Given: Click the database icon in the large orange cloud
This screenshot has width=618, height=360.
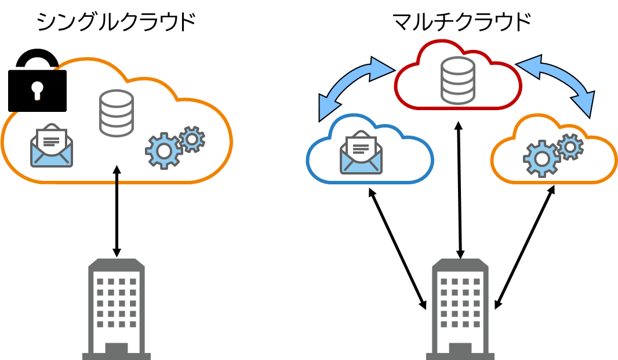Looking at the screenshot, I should (x=116, y=113).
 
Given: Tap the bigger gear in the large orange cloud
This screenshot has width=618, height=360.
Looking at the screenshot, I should (x=163, y=150).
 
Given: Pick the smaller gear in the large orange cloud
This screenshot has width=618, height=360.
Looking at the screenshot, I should (x=192, y=139).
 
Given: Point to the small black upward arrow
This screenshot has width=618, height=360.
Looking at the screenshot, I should (x=117, y=174).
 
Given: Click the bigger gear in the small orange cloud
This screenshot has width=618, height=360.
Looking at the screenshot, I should (x=541, y=158).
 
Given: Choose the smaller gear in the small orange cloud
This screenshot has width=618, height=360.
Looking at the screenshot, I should (x=570, y=147).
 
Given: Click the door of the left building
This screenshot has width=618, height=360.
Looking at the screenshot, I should (x=117, y=348).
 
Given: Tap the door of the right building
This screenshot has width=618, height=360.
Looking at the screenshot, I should (x=460, y=348).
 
